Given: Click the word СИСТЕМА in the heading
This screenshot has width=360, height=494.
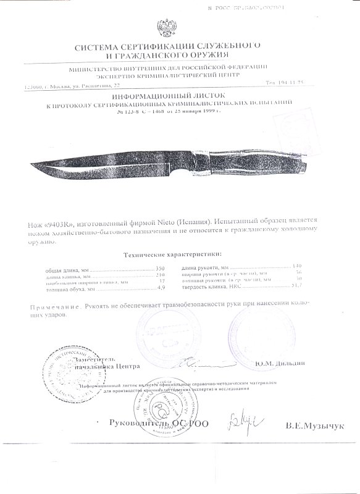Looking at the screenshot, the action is [101, 47].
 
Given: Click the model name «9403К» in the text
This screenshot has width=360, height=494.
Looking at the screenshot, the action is [61, 220].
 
